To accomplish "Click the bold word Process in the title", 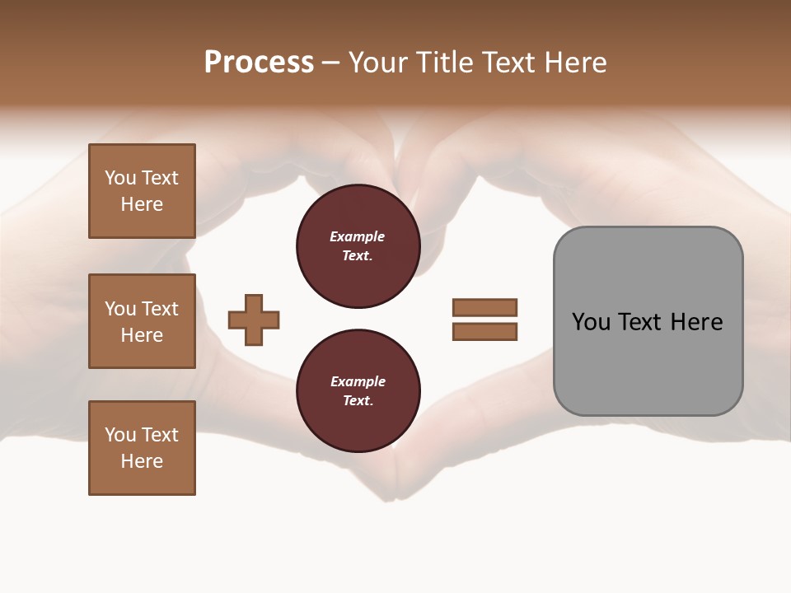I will pyautogui.click(x=259, y=63).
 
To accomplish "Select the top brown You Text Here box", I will pyautogui.click(x=142, y=191).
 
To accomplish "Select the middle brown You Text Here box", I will pyautogui.click(x=142, y=321).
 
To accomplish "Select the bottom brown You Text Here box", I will pyautogui.click(x=142, y=448).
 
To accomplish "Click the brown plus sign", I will pyautogui.click(x=254, y=320).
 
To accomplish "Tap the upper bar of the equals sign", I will pyautogui.click(x=484, y=307).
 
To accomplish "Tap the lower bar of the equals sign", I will pyautogui.click(x=484, y=332).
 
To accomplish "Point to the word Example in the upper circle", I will pyautogui.click(x=358, y=236).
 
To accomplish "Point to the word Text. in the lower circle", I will pyautogui.click(x=358, y=401).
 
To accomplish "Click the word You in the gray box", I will pyautogui.click(x=591, y=322).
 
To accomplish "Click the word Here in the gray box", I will pyautogui.click(x=696, y=322).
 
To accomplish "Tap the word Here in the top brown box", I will pyautogui.click(x=142, y=204).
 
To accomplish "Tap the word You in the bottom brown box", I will pyautogui.click(x=120, y=435).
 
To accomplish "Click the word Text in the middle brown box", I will pyautogui.click(x=160, y=309).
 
